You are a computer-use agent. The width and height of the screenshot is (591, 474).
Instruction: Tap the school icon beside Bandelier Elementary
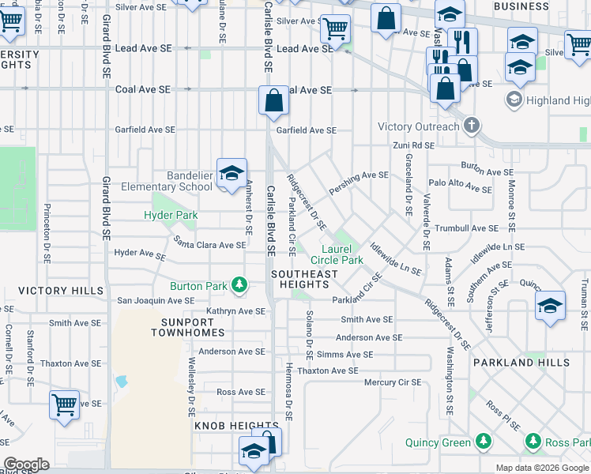coord(232,174)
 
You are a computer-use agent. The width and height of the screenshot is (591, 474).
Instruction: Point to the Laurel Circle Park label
coord(337,254)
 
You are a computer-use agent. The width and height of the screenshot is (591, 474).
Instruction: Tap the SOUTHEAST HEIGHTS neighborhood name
coord(304,279)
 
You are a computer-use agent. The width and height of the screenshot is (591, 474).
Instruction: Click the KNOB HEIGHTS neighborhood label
coord(223,426)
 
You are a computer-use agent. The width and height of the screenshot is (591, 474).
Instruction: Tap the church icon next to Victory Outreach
coord(472,126)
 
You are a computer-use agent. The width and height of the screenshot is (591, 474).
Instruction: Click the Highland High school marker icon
coord(514,100)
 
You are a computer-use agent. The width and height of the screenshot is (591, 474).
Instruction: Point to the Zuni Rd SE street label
coord(413,145)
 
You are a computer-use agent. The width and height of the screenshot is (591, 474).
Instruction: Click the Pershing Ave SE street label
coord(360,175)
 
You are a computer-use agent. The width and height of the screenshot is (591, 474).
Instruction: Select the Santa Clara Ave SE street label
coord(210,244)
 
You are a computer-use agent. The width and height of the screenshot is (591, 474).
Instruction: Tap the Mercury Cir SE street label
coord(393,382)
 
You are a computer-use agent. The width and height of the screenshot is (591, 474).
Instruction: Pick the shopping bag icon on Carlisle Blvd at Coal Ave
coord(273,102)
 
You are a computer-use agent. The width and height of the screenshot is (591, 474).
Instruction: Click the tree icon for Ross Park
coord(534,441)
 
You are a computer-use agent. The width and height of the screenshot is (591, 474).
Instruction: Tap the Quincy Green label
coord(438,442)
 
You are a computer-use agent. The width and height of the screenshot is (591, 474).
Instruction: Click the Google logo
coord(26,464)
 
